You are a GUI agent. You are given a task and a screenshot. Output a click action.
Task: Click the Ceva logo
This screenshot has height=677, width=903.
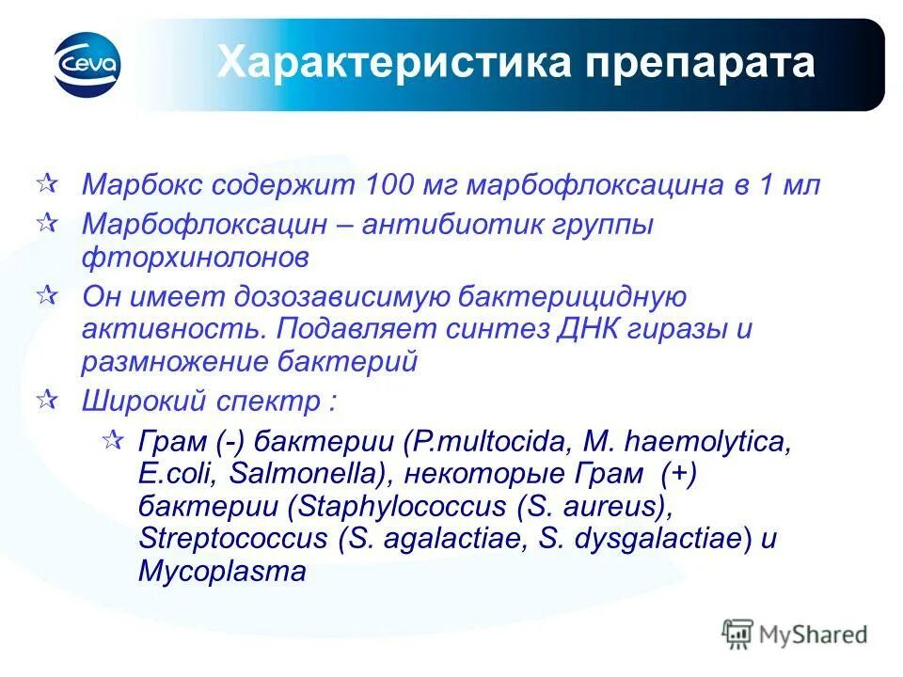[87, 65]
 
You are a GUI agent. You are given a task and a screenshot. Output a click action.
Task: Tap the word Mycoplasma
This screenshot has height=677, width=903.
[222, 571]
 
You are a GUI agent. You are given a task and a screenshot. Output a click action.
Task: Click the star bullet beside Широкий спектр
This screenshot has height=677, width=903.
[44, 399]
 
